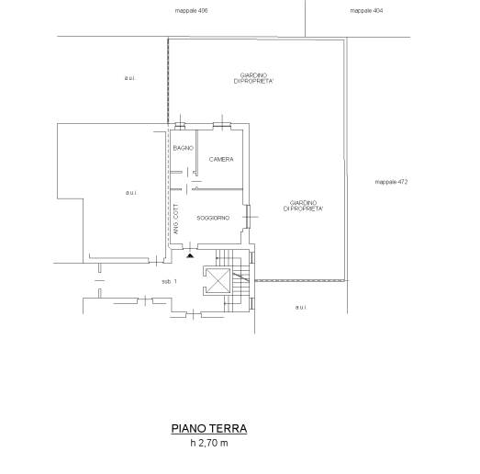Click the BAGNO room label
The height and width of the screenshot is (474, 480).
coord(184,148)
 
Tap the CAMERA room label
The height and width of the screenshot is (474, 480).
coord(221,159)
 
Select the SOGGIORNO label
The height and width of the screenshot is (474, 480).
coord(213,218)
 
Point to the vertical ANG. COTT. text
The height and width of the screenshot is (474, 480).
coord(176,219)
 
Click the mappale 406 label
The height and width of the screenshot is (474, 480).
coord(191,11)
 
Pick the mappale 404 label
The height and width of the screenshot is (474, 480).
coord(366,11)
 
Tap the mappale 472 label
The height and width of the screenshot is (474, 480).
coord(391,182)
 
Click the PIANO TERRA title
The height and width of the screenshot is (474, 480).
coord(209,428)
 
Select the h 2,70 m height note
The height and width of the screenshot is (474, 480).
coord(209,443)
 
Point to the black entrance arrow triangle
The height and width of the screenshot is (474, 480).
coord(190,255)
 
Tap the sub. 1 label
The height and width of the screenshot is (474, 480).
coord(169,282)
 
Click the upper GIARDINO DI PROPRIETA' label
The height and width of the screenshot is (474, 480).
coord(253,78)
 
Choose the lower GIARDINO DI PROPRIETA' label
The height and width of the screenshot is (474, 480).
coord(303,206)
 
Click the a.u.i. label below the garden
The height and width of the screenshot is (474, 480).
coord(301,307)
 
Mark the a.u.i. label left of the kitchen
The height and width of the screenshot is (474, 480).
coord(131,193)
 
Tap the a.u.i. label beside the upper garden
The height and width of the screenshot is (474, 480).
coord(129,78)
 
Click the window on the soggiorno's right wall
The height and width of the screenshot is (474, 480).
coord(248,217)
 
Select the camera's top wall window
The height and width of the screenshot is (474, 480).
coord(222,125)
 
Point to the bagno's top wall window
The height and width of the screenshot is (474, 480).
coord(180,125)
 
